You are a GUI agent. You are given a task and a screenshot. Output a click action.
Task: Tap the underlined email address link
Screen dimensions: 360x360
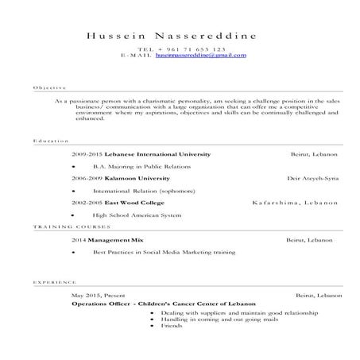(x=200, y=56)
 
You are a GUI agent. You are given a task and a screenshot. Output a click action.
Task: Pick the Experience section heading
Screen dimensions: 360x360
(x=55, y=282)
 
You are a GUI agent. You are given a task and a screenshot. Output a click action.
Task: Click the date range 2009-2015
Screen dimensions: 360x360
(x=87, y=153)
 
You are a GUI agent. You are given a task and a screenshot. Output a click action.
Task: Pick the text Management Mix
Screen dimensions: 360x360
(x=116, y=239)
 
